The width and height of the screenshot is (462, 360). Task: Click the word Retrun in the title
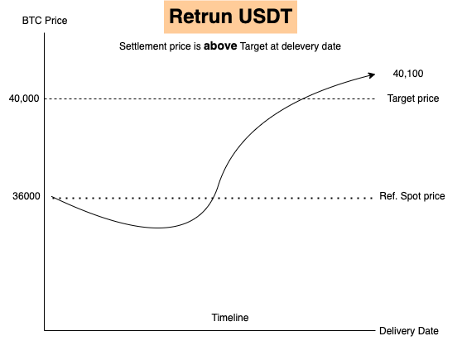(200, 17)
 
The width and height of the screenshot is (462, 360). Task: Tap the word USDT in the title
(265, 17)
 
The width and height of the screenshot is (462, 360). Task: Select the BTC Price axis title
(45, 21)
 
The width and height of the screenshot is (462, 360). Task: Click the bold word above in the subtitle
(220, 46)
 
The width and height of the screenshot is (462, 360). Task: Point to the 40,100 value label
(408, 74)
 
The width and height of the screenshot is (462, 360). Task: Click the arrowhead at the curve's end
(372, 75)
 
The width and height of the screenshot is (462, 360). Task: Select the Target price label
(413, 98)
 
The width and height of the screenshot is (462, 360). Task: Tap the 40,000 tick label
(24, 98)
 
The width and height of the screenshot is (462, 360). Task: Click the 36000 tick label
(26, 196)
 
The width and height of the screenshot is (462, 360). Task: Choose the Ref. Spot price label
(412, 196)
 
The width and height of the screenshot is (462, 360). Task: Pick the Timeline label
(230, 318)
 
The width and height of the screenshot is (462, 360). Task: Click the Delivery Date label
(409, 331)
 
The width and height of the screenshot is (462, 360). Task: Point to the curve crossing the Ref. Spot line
(213, 198)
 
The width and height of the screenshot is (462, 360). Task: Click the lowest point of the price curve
(157, 228)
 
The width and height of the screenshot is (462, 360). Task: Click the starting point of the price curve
(52, 196)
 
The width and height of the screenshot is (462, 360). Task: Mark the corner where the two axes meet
(45, 330)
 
